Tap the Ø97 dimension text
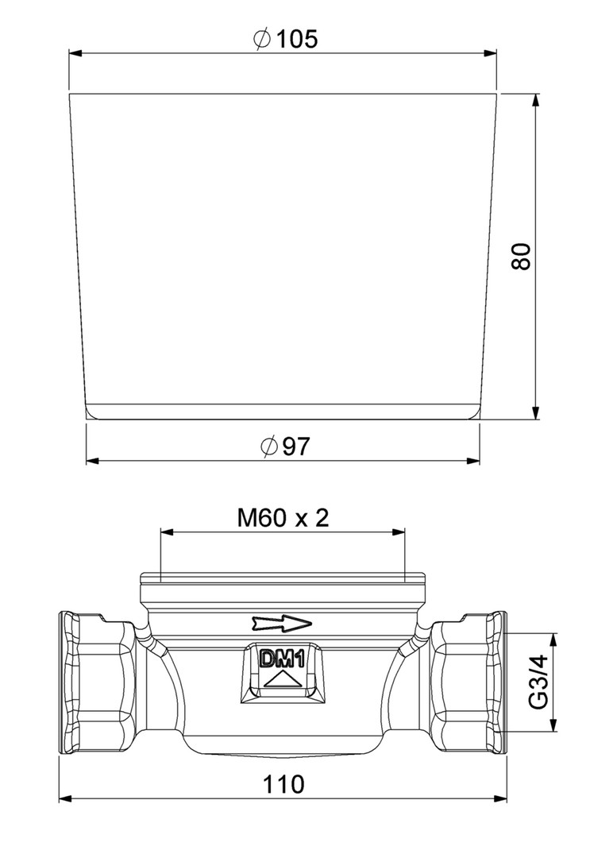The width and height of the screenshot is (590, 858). coord(285,446)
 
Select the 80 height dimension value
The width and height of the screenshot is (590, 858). coord(521,256)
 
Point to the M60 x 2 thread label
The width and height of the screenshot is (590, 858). coord(283,518)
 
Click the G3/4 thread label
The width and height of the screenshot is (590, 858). coord(540,682)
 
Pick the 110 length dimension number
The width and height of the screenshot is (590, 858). coord(283,784)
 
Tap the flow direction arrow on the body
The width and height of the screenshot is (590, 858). coord(282,623)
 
